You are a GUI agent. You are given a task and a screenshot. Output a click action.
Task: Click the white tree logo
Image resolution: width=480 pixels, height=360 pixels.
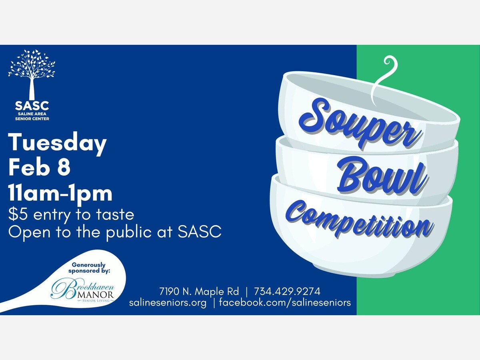[x=32, y=74]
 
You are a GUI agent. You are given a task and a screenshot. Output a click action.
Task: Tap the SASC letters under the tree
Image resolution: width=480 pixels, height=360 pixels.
[x=32, y=106]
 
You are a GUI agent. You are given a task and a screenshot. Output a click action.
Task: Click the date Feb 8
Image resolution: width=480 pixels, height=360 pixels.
[x=39, y=168]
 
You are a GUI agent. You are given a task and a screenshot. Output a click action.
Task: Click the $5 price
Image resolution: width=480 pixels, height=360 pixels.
[x=18, y=214]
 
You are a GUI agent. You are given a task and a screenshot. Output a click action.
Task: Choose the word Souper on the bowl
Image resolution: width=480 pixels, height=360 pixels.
[x=360, y=124]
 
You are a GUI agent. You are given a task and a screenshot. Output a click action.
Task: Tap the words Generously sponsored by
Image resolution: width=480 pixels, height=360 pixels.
[x=89, y=268]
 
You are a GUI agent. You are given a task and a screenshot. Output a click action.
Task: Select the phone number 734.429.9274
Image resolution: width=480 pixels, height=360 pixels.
[x=287, y=291]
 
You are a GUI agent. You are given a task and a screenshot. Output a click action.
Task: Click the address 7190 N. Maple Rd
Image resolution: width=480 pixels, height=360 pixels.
[x=199, y=291]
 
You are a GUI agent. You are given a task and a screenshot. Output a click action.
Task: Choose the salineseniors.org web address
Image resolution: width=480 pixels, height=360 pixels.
[x=168, y=303]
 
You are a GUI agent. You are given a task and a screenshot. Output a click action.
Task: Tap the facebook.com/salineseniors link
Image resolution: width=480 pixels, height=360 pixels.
[x=285, y=303]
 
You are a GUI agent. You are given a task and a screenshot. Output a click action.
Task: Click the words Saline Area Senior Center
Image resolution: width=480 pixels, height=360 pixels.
[x=32, y=116]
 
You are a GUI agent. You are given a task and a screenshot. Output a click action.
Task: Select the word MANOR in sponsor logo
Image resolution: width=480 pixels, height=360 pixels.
[x=96, y=295]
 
